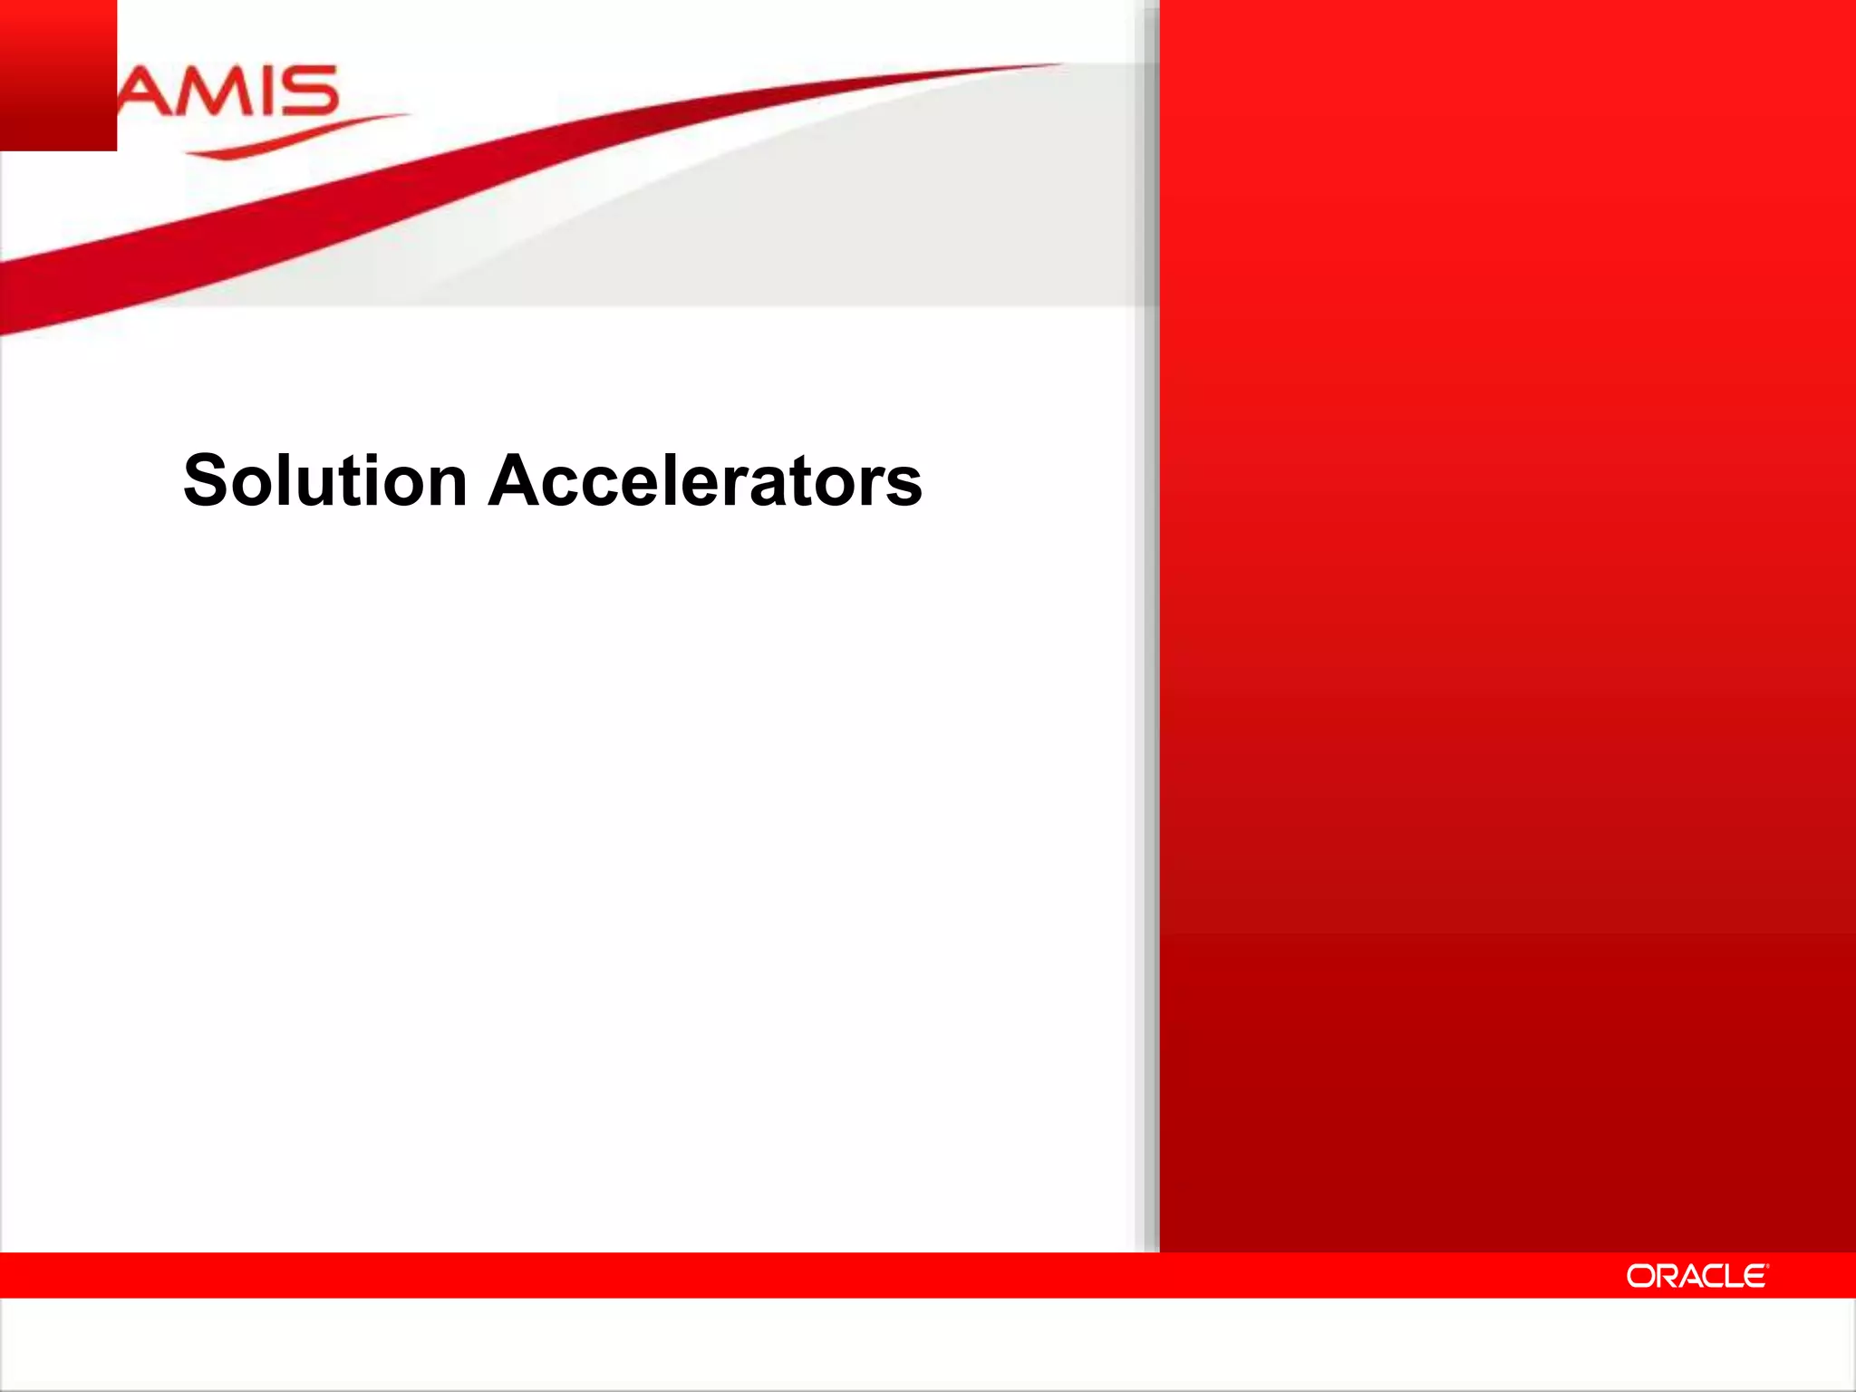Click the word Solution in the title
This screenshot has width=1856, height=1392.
(x=324, y=480)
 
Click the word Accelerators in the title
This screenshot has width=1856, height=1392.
(x=705, y=480)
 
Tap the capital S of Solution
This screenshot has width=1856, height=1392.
(x=205, y=480)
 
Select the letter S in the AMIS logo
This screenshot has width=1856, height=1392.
(x=310, y=92)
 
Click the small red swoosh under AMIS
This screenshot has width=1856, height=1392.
(x=290, y=137)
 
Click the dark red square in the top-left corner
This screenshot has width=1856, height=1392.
(x=58, y=74)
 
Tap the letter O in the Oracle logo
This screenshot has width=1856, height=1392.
(x=1640, y=1276)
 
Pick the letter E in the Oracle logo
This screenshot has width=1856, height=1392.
(x=1754, y=1276)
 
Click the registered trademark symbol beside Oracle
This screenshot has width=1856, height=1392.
(x=1767, y=1266)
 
